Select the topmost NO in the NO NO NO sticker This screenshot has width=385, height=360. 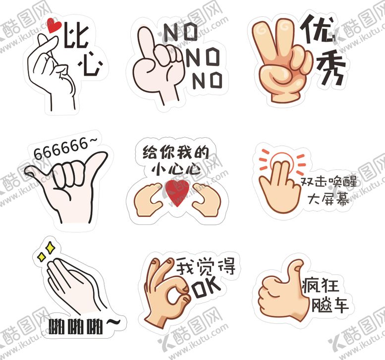[x=180, y=34]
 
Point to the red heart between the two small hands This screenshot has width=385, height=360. [x=176, y=192]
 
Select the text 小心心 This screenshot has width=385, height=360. [x=176, y=169]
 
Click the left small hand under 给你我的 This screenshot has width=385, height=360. [x=149, y=199]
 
